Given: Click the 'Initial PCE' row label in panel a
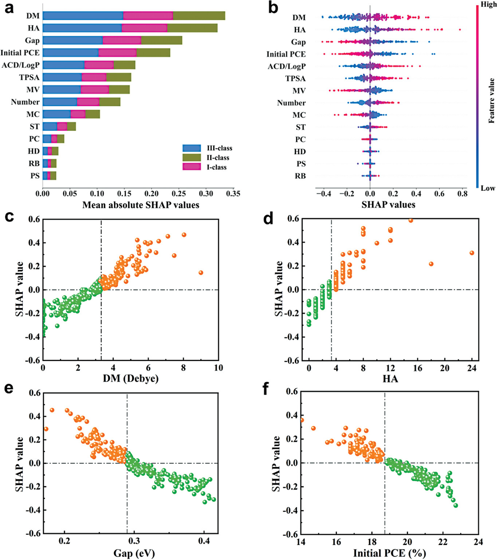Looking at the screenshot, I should pos(20,53).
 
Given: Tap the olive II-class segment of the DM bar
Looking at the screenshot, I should pos(199,16).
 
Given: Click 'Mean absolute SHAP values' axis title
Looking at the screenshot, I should pos(141,205).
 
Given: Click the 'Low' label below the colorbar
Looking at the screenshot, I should pos(488,188).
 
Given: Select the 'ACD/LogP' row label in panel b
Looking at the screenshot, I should pos(286,66).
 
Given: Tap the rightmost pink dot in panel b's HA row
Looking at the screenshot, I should pos(460,30).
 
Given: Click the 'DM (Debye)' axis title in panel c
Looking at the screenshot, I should pos(131,379).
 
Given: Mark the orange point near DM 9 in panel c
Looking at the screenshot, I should pos(201,273).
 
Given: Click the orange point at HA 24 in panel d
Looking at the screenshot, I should pos(472,253).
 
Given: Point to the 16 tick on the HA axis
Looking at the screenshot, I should pos(418,368).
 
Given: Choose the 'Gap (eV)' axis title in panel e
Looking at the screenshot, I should pos(134,553).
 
